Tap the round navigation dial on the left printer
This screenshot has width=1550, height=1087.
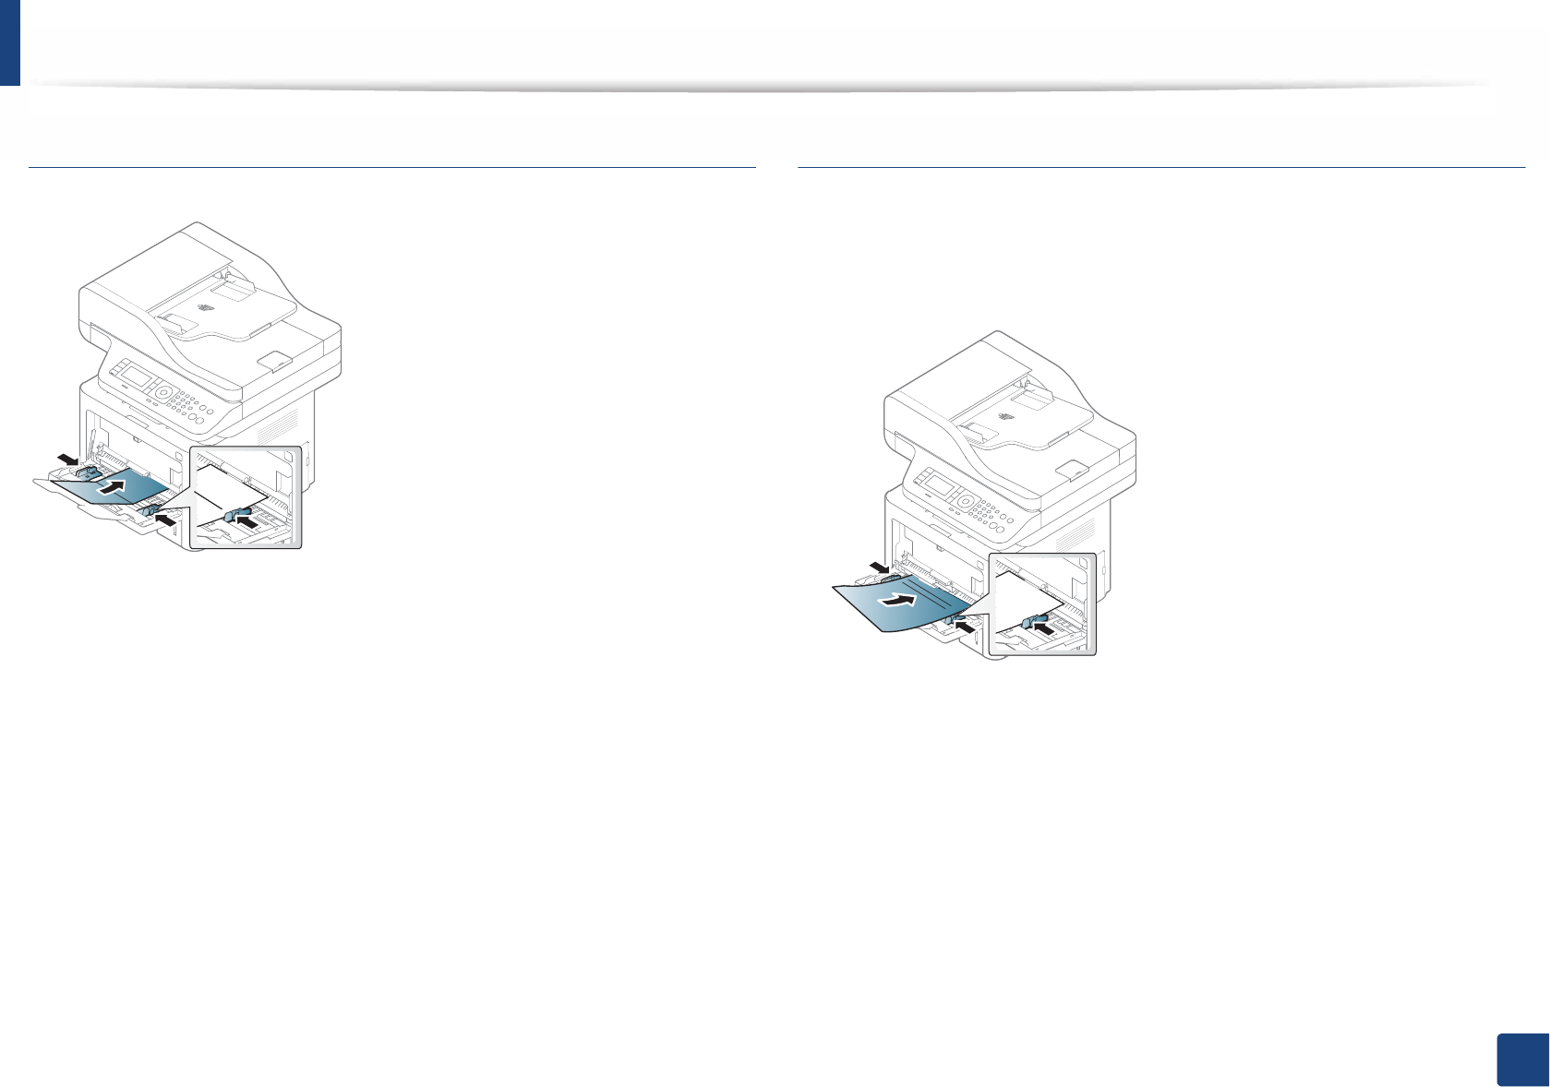click(x=163, y=391)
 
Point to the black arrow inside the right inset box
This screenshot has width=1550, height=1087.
click(x=1044, y=627)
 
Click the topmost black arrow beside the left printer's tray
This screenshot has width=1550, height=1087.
click(x=66, y=458)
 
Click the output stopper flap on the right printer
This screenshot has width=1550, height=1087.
click(x=1071, y=468)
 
